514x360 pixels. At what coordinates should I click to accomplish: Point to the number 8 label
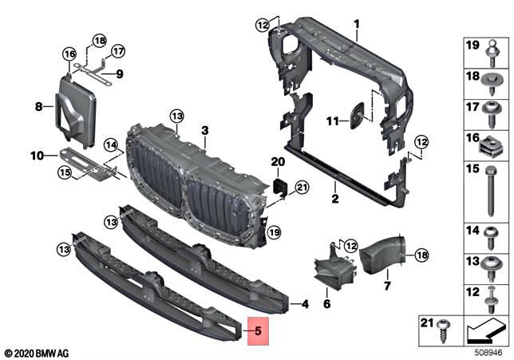(x=38, y=105)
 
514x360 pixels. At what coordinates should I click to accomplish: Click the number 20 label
(x=278, y=162)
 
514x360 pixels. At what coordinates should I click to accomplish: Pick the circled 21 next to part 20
(x=301, y=188)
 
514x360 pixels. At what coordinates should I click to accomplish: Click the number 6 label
(x=326, y=304)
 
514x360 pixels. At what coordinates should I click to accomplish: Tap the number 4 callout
(x=303, y=304)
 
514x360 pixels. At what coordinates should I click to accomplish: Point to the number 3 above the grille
(x=204, y=130)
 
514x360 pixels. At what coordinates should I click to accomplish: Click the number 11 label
(x=332, y=121)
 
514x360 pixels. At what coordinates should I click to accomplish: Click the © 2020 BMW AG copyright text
(x=36, y=351)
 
